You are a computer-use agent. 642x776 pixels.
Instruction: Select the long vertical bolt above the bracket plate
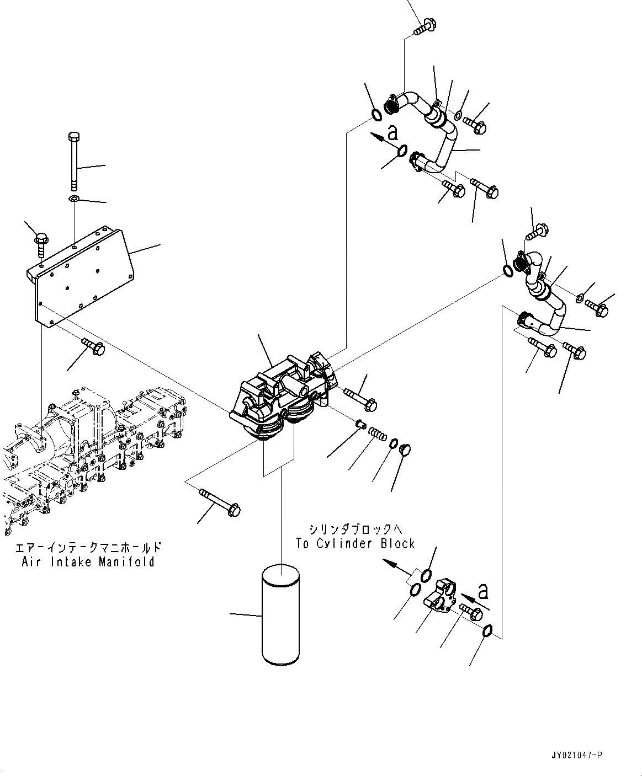74,160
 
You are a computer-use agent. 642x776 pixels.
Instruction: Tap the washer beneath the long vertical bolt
74,198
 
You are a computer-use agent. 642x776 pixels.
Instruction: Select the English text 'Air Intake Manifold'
88,562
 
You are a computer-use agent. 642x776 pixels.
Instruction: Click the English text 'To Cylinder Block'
355,543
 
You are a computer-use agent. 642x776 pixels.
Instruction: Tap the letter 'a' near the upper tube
392,132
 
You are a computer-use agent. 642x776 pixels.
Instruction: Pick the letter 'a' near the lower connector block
484,592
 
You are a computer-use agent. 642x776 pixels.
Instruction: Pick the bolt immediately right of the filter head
360,398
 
